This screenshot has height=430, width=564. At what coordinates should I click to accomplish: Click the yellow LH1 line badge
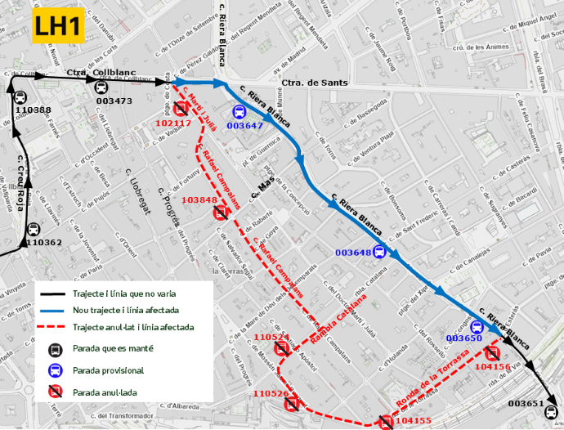pyautogui.click(x=57, y=27)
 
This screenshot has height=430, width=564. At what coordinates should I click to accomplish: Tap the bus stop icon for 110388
pyautogui.click(x=20, y=97)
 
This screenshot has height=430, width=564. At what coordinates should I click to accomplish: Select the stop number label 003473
pyautogui.click(x=114, y=101)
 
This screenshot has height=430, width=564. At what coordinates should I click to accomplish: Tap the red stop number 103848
pyautogui.click(x=200, y=200)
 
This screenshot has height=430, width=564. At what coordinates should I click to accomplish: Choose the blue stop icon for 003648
pyautogui.click(x=379, y=252)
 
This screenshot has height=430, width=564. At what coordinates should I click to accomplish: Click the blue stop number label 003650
pyautogui.click(x=465, y=338)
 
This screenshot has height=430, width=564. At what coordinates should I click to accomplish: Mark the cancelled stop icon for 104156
pyautogui.click(x=492, y=353)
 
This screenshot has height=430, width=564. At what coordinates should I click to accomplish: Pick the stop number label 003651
pyautogui.click(x=526, y=404)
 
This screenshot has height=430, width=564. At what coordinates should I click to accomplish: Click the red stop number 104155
pyautogui.click(x=413, y=421)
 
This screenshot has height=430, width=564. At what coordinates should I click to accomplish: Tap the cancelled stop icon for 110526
pyautogui.click(x=303, y=404)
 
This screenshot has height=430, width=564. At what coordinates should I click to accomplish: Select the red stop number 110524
pyautogui.click(x=271, y=338)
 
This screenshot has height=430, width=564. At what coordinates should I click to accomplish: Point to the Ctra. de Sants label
pyautogui.click(x=315, y=83)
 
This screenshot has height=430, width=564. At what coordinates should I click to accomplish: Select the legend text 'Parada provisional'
pyautogui.click(x=108, y=370)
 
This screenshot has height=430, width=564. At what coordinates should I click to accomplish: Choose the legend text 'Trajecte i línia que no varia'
pyautogui.click(x=123, y=293)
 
